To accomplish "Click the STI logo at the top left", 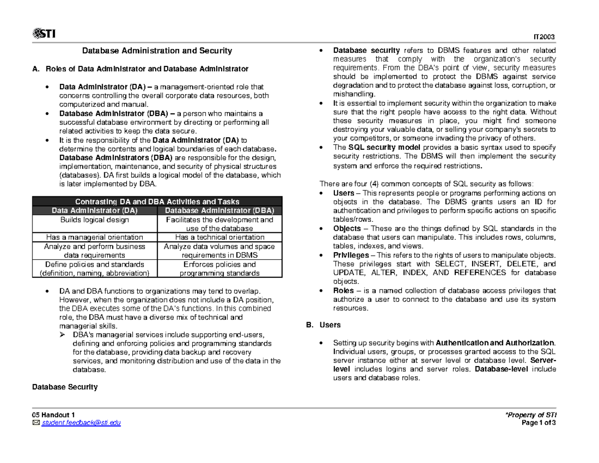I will click(43, 33).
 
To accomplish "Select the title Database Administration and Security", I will click(157, 50).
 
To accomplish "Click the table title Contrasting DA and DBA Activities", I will click(157, 202).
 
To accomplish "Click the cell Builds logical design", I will click(94, 220).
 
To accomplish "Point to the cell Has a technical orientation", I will click(220, 237).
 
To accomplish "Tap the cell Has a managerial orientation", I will click(94, 237).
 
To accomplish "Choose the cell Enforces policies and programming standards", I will click(220, 269).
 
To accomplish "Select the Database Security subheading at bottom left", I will click(65, 387).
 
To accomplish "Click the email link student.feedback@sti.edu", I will click(80, 423).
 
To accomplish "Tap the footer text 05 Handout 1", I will click(53, 415).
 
